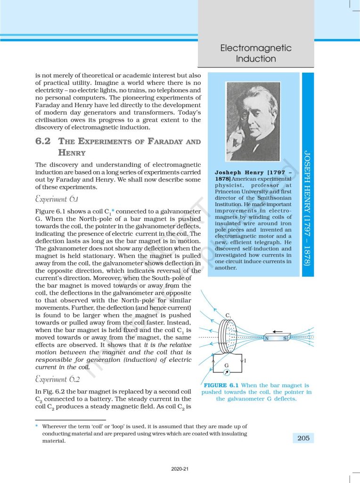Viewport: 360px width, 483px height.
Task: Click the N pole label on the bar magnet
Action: (x=267, y=339)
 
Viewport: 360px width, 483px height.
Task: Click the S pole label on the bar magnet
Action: (x=285, y=339)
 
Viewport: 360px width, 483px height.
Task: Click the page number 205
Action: (x=303, y=438)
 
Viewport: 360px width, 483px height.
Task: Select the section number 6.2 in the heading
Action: (x=44, y=142)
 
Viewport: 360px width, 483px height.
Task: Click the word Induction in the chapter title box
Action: (x=256, y=59)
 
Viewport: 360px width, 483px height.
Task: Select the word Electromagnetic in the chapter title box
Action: (x=256, y=48)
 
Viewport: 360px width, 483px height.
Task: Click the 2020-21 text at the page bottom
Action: (x=180, y=470)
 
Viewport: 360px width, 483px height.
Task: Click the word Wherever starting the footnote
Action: (x=54, y=426)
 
